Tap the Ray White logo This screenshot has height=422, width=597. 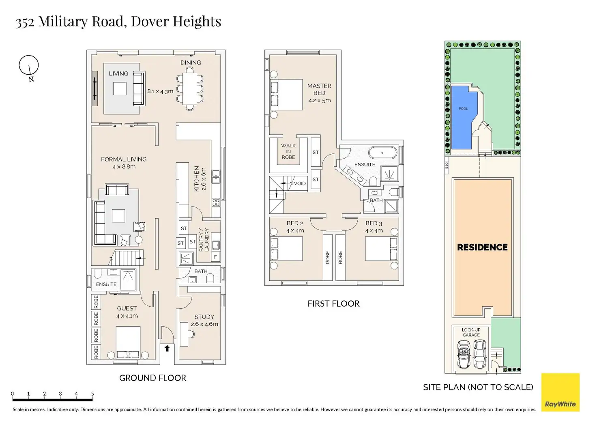[x=560, y=392]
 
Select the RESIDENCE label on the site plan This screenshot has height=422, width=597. [x=482, y=247]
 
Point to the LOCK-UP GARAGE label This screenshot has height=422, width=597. [x=471, y=332]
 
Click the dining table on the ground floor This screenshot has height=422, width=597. [x=190, y=89]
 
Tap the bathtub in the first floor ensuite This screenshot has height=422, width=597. [x=383, y=153]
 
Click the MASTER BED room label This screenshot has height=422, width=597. [x=319, y=89]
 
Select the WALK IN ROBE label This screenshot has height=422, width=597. [x=288, y=151]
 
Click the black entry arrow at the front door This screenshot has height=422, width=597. [x=167, y=348]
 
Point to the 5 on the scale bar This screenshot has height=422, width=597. [x=92, y=394]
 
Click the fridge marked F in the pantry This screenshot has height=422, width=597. [x=215, y=257]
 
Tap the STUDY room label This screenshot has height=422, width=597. [x=204, y=316]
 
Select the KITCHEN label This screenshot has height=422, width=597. [x=197, y=179]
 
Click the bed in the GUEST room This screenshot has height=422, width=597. [x=128, y=342]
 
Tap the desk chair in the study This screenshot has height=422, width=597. [x=191, y=334]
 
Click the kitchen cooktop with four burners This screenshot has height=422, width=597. [x=216, y=202]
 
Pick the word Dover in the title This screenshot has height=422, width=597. [x=150, y=21]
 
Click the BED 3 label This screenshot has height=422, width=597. [x=374, y=223]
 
